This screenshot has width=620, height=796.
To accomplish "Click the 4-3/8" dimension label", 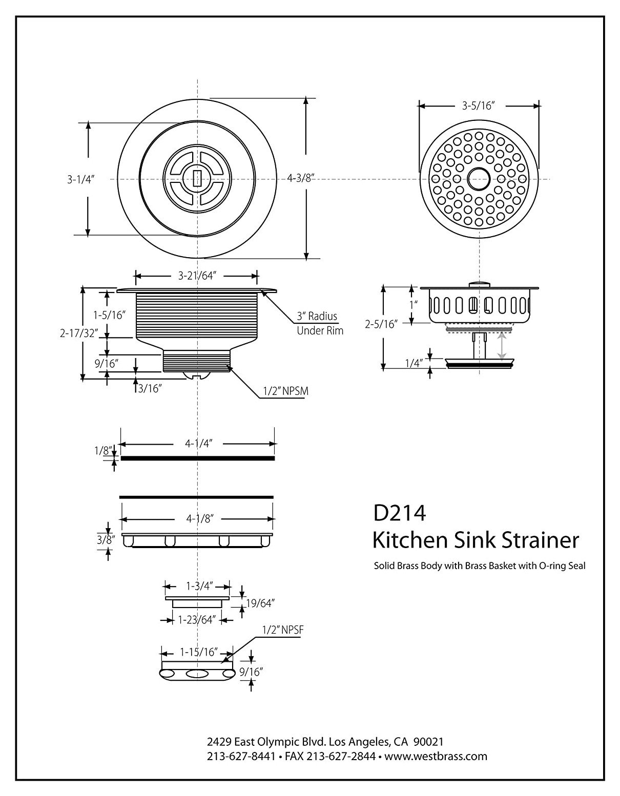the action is pos(301,178).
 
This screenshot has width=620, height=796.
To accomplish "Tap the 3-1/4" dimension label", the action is pos(81,179).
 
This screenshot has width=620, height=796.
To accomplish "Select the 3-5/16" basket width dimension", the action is pos(478,106).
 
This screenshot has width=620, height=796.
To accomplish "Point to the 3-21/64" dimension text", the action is pos(196,276).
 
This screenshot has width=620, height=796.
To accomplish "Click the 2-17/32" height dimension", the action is pos(79,333).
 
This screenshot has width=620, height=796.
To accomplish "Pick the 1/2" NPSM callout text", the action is pos(285,391).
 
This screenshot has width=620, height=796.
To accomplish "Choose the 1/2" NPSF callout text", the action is pos(282,630).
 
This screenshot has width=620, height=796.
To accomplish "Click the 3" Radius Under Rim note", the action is pos(320,323).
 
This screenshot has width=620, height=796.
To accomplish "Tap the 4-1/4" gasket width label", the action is pos(199,443).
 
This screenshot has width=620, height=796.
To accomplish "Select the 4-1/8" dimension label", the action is pos(199,519).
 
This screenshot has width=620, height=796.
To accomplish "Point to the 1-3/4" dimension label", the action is pos(199,586).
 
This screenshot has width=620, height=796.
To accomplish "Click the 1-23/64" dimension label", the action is pos(196,620).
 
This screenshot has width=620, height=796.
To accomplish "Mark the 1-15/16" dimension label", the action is pos(199,652).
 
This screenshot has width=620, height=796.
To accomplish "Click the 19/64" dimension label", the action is pos(260,603).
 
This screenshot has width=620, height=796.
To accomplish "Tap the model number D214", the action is pos(399,513).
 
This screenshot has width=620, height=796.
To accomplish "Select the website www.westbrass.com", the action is pos(436,756).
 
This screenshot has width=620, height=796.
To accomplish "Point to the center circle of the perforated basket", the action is pos(479,179).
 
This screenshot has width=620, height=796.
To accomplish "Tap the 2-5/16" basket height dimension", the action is pos(381,324).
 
